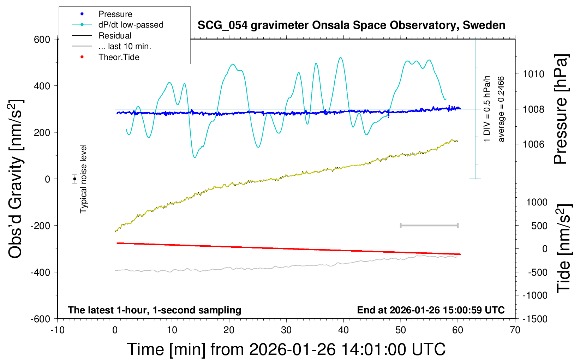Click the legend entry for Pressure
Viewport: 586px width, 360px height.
click(x=115, y=14)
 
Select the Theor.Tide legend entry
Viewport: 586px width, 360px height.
click(x=119, y=57)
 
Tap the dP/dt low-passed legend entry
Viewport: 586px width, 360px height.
click(x=131, y=25)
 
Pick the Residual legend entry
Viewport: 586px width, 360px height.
click(x=115, y=36)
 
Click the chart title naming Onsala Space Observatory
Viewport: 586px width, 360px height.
click(x=351, y=25)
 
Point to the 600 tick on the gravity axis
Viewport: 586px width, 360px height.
click(x=42, y=39)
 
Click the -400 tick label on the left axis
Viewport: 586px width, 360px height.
click(x=40, y=272)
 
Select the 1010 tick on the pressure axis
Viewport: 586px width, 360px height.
click(x=534, y=74)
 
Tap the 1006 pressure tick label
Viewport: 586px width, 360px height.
click(x=534, y=144)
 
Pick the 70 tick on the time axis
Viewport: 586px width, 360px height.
click(x=515, y=330)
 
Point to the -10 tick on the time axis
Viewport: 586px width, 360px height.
click(x=58, y=330)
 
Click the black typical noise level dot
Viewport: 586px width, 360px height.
click(x=75, y=179)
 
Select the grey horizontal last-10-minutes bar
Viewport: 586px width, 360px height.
click(x=429, y=225)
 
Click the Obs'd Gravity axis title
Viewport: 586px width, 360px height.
click(x=16, y=179)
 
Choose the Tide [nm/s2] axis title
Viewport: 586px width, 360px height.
click(x=564, y=248)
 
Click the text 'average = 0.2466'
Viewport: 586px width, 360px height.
click(x=501, y=109)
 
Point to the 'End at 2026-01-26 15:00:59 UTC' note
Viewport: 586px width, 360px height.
click(x=431, y=310)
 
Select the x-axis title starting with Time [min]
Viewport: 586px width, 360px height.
click(x=286, y=349)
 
